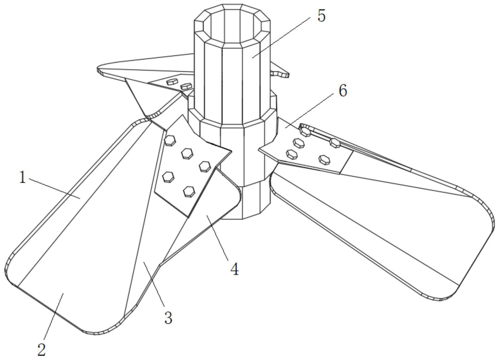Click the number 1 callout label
(x=23, y=178)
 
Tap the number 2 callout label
(x=42, y=349)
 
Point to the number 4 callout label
(x=234, y=269)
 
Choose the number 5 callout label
(x=321, y=16)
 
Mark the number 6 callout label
(x=343, y=91)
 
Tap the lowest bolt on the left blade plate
(x=188, y=191)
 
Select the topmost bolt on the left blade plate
(x=170, y=140)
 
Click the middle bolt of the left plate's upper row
(x=187, y=153)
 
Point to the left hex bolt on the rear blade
(x=172, y=82)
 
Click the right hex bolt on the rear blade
(x=186, y=86)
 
